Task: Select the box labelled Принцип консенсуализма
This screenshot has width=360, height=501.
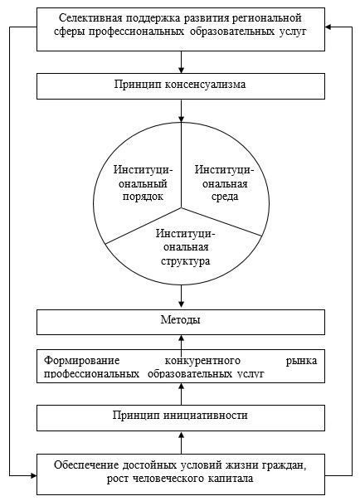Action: pos(181,86)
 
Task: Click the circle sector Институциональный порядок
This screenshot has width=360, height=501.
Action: pos(140,183)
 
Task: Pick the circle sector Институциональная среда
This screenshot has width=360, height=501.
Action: pos(224,183)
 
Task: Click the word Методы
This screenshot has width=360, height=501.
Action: pos(181,319)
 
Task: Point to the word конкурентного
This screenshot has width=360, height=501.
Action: pos(202,361)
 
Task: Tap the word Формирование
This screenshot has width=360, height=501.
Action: pos(82,361)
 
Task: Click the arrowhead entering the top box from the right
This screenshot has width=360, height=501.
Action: pos(328,27)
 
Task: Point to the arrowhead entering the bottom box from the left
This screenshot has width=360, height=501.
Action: pos(33,476)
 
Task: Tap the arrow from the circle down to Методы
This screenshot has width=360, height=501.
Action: pos(181,297)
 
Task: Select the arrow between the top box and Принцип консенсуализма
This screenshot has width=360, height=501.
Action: pos(181,62)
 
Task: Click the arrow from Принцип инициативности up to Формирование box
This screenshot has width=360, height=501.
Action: pos(181,394)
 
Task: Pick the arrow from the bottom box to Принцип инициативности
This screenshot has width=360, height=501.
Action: pos(181,443)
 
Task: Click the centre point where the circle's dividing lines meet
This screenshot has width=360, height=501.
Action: pos(182,207)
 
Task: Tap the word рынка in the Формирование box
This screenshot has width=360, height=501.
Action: pos(301,361)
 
